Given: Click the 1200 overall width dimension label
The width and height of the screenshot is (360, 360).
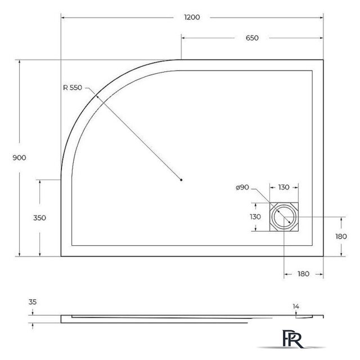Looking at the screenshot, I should click(x=192, y=17).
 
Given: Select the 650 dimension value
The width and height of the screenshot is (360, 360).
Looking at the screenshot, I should click(x=251, y=38).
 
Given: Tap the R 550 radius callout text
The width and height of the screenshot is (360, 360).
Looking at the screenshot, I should click(x=73, y=87).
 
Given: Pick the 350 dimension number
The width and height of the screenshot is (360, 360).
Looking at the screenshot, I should click(x=39, y=218).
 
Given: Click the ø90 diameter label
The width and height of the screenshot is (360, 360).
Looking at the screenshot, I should click(x=243, y=187).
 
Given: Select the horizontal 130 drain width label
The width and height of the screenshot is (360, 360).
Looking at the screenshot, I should click(x=283, y=187).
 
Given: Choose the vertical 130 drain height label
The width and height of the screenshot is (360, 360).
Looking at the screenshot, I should click(x=255, y=217).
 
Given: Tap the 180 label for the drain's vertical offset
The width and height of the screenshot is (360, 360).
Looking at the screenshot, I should click(x=341, y=236).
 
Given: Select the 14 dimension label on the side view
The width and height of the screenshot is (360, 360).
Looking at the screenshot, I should click(x=295, y=306).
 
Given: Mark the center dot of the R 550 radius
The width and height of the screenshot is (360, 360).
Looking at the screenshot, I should click(x=181, y=180).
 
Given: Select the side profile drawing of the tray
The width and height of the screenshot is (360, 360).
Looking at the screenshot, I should click(x=191, y=318).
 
